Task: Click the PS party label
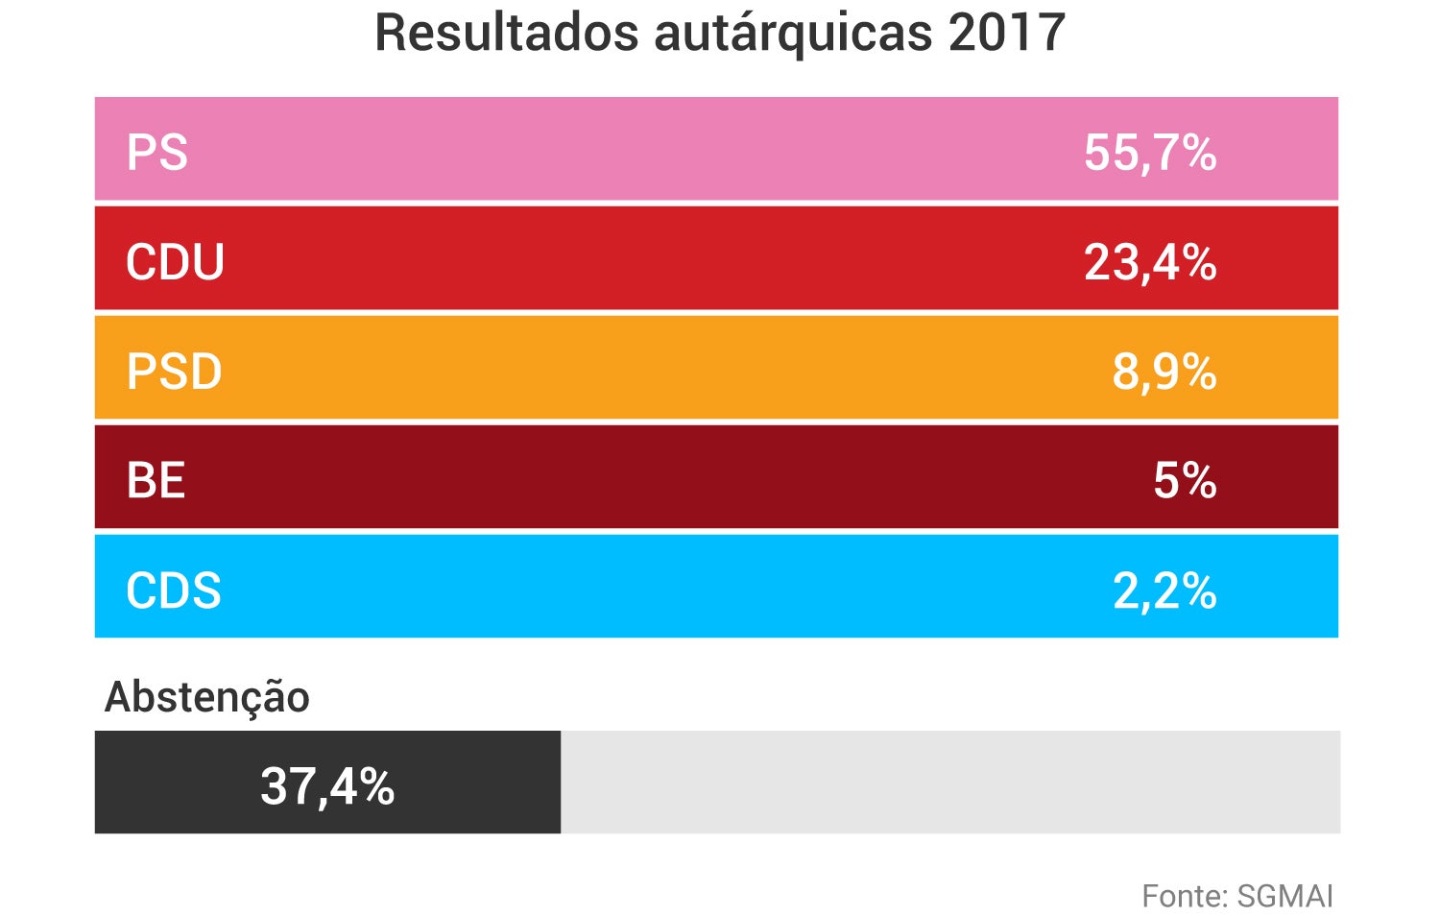tap(156, 153)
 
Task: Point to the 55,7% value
tap(1149, 153)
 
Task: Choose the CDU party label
tap(175, 262)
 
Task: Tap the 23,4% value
tap(1149, 262)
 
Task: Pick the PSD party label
tap(174, 372)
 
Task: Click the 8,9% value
tap(1164, 372)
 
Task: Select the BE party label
tap(156, 480)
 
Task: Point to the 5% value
tap(1184, 480)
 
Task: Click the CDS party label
tap(173, 591)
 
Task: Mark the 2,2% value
tap(1164, 591)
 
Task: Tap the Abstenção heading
tap(206, 697)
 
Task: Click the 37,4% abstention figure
tap(327, 785)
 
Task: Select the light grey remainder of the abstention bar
tap(950, 782)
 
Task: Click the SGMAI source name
tap(1285, 896)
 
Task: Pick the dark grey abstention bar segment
tap(173, 782)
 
